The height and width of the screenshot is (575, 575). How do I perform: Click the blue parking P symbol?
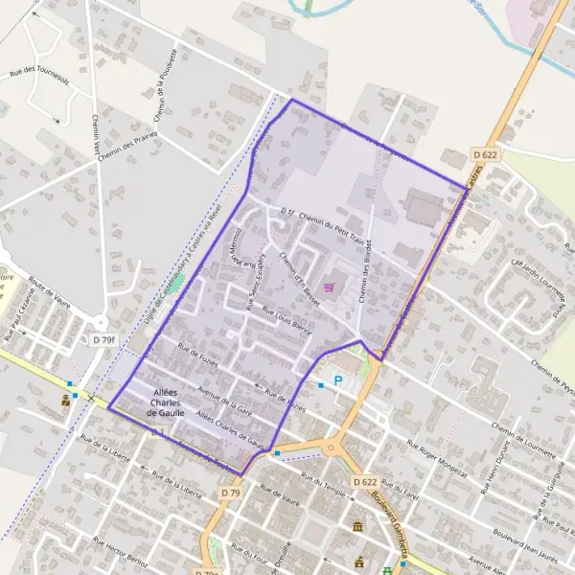coord(337,381)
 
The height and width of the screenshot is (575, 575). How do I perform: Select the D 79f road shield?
coord(103,339)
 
